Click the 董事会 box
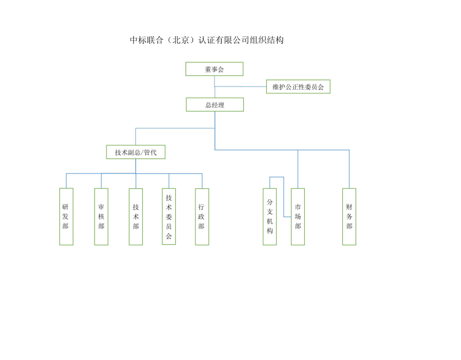coord(214,69)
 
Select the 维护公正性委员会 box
coord(298,87)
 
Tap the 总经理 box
coord(214,105)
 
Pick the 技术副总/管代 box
coord(135,152)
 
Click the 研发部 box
coord(66,217)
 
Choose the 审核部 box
coord(101,217)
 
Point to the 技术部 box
coord(136,217)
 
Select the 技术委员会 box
coord(169,217)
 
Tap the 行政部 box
coord(202,217)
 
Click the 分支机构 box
coord(270,217)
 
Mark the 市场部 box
coord(298,217)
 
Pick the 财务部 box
coord(349,217)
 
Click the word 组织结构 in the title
coord(266,40)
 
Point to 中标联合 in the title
coord(146,40)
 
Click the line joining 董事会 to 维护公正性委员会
coord(242,86)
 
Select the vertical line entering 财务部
coord(349,170)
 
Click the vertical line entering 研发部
coord(66,181)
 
